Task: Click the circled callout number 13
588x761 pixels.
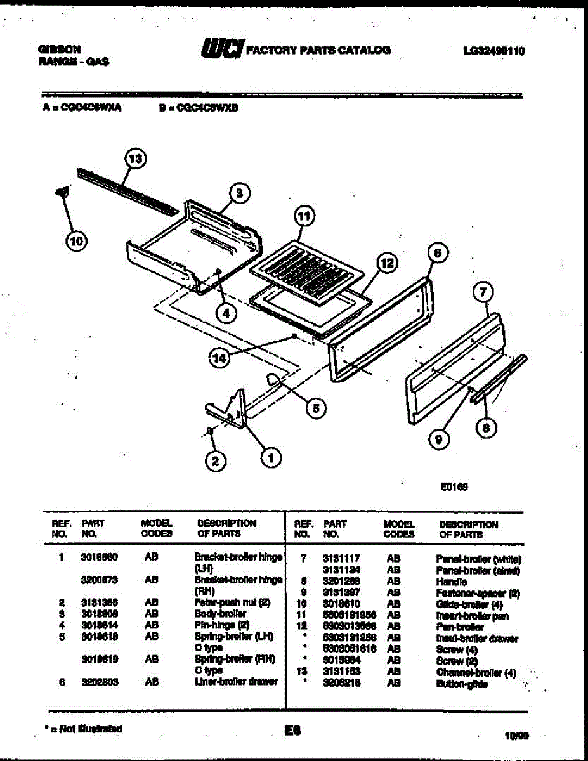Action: tap(134, 158)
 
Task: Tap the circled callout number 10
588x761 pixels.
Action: tap(75, 240)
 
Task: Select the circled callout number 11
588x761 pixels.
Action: tap(305, 217)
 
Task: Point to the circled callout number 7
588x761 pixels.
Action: tap(483, 292)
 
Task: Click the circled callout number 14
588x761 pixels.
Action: tap(220, 358)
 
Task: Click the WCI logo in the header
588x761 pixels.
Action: tap(221, 49)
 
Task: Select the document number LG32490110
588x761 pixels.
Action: tap(493, 52)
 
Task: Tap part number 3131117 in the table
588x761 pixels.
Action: tap(341, 558)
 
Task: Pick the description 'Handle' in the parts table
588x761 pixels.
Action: tap(451, 582)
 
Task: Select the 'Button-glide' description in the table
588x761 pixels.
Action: tap(462, 684)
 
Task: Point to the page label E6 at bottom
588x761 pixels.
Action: tap(292, 731)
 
